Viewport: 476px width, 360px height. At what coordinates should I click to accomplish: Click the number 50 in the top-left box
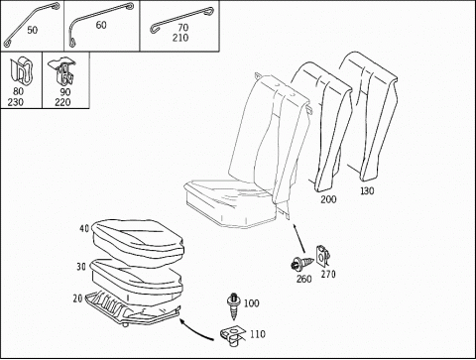pos(32,30)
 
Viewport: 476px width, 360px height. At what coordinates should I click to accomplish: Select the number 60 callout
pos(101,25)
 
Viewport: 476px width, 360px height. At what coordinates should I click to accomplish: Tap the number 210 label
pos(180,38)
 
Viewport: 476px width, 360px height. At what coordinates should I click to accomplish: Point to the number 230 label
pos(16,102)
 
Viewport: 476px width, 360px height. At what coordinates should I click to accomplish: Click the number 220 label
pos(62,102)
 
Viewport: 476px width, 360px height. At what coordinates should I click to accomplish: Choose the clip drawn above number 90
pos(62,72)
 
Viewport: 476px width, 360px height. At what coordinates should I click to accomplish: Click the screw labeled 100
pos(234,306)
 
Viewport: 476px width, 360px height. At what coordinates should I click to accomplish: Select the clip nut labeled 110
pos(233,336)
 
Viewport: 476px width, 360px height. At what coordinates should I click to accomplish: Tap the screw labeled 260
pos(301,264)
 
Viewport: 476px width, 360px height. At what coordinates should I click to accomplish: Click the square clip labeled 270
pos(323,256)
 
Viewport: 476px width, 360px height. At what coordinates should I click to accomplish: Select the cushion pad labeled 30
pos(137,277)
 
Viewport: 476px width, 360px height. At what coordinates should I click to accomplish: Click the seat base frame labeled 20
pos(133,308)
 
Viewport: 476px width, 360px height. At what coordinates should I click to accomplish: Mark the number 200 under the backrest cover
pos(328,199)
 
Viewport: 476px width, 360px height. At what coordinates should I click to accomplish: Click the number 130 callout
pos(367,190)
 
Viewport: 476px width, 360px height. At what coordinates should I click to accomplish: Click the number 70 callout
pos(182,28)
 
